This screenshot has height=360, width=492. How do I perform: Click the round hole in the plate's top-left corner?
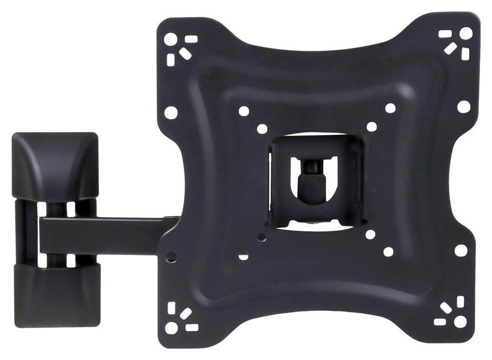point(171,39)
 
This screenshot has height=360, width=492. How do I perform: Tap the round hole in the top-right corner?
point(466,33)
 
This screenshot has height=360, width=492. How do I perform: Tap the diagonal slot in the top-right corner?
point(450,47)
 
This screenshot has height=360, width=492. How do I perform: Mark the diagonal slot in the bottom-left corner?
point(185,313)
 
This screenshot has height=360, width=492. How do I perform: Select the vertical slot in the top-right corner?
point(465,53)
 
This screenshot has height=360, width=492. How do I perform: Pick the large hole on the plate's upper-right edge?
point(463,107)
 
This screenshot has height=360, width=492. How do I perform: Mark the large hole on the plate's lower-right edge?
point(460,250)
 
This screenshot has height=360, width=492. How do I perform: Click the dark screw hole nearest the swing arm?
point(170,256)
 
